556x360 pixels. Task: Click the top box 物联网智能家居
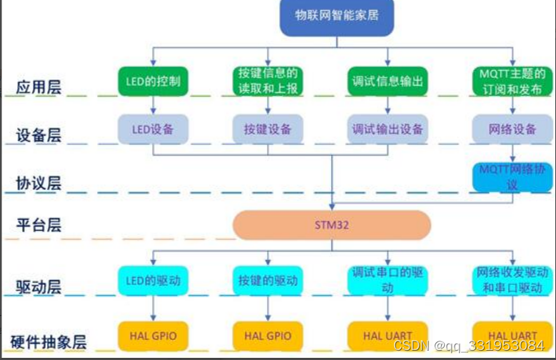click(337, 17)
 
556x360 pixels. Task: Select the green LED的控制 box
click(153, 81)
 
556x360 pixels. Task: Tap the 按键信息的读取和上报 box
click(268, 81)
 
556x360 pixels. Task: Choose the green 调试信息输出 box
click(387, 81)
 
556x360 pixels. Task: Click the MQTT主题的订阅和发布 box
click(511, 81)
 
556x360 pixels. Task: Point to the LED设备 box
click(153, 129)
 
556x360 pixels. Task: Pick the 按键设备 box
click(268, 129)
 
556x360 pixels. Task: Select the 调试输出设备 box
click(387, 129)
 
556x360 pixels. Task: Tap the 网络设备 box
click(511, 129)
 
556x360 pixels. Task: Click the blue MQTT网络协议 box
click(511, 176)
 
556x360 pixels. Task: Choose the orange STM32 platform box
click(332, 224)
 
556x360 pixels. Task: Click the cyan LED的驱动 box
click(153, 279)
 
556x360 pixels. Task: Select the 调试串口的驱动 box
click(387, 279)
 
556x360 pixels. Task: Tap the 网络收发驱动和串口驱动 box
click(511, 279)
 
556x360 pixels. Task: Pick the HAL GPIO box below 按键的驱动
click(268, 335)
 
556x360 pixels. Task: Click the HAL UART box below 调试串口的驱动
click(387, 335)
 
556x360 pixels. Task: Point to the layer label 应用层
click(39, 88)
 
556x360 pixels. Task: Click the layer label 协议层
click(39, 183)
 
